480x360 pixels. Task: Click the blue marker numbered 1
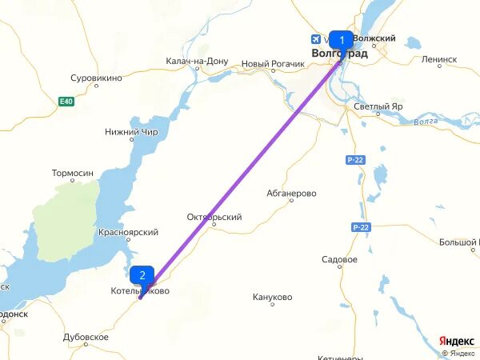coord(341,40)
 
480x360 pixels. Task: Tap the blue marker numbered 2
coord(142,277)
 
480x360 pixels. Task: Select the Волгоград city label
coord(339,54)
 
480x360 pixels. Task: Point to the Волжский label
coord(374,38)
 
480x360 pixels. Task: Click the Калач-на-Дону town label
coord(197,62)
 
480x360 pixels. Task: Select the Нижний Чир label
coord(131,132)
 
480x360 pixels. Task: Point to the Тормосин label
coord(73,173)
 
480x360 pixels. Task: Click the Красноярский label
coord(128,232)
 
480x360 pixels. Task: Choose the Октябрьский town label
coord(214,217)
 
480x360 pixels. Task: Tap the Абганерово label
coord(292,194)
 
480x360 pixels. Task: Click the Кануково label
coord(272,297)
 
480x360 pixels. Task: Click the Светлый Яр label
coord(379,107)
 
